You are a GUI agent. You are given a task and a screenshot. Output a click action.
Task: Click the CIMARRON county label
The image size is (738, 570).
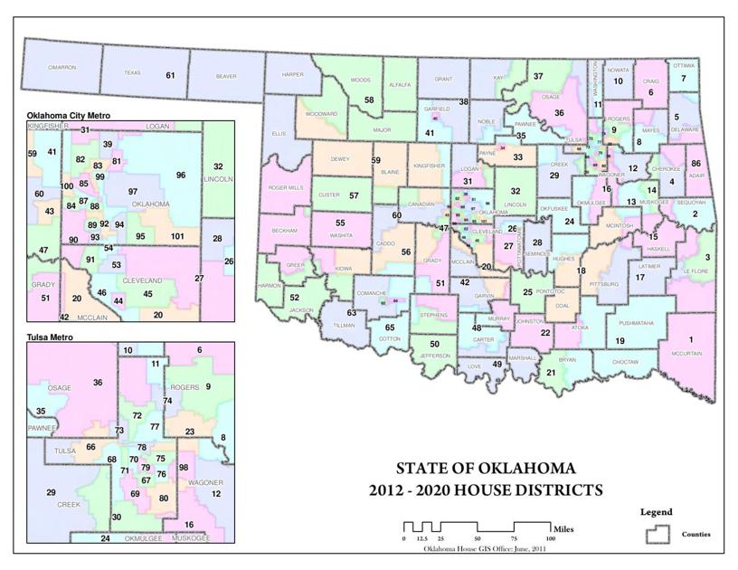tap(61, 68)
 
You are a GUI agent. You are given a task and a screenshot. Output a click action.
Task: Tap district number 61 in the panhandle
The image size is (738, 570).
tap(169, 75)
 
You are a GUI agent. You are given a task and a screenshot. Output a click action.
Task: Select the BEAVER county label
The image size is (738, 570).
tap(225, 76)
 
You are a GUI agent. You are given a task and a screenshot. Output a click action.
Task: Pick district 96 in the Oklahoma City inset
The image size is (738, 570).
tap(181, 175)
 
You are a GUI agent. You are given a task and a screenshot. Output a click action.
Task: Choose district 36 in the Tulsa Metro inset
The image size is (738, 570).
tap(98, 383)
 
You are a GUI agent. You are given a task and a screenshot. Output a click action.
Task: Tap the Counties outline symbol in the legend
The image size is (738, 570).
tap(658, 534)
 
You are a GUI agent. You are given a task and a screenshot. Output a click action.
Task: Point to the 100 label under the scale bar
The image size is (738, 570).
tap(550, 539)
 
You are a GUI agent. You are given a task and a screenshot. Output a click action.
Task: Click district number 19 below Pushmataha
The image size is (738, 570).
tap(620, 340)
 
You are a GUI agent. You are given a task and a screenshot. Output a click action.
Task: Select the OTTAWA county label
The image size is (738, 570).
tap(684, 65)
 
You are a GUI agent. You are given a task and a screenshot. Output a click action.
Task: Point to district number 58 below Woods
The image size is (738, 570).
tap(369, 100)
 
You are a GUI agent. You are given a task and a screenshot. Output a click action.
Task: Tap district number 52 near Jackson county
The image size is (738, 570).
tap(294, 297)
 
